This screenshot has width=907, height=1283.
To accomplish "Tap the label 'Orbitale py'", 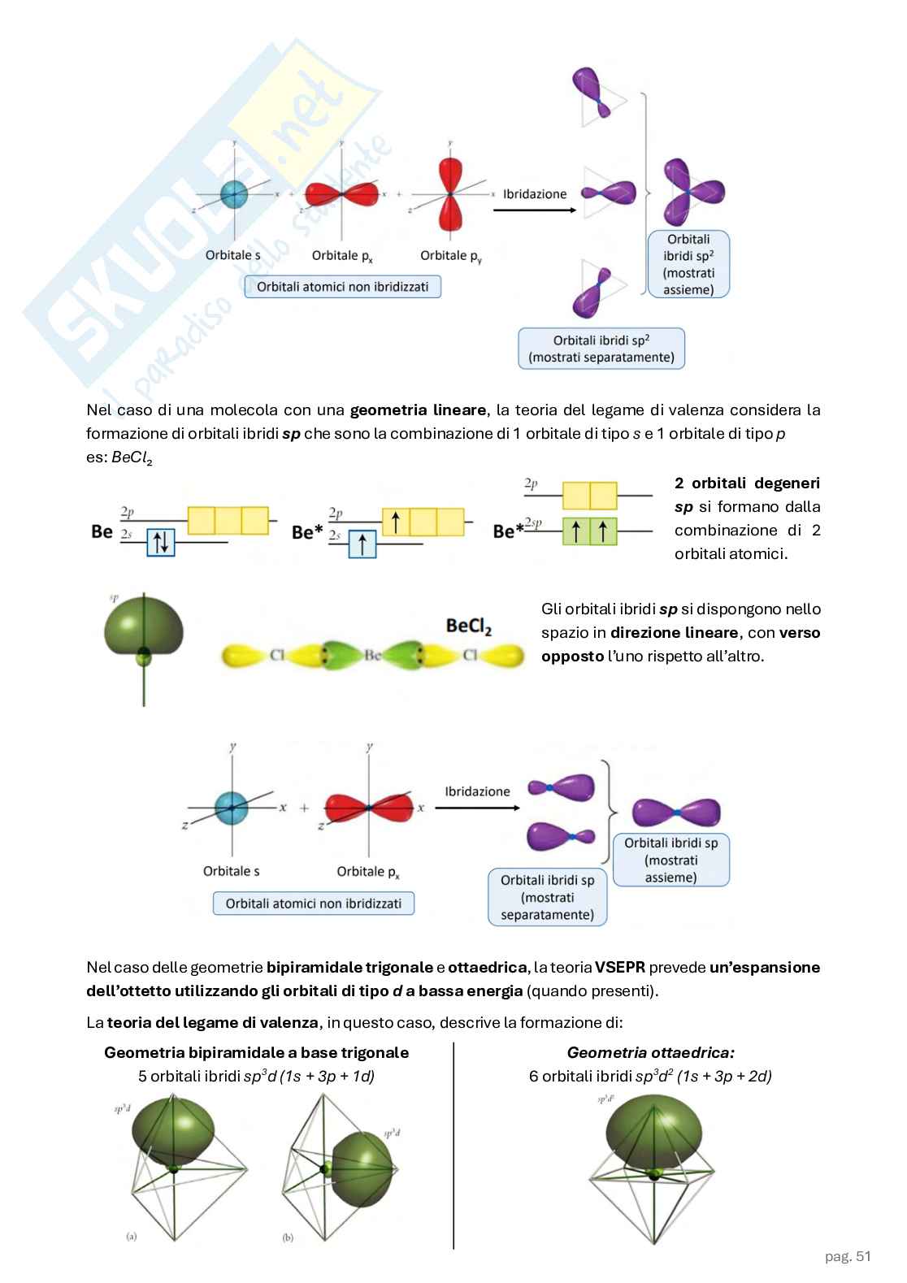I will coord(449,256).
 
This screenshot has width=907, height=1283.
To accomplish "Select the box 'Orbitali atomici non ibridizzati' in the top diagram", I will coord(342,287).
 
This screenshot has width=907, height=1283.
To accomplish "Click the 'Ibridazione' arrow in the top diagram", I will coord(534,210).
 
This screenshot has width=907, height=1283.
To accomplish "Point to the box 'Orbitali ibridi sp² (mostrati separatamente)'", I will coord(601,349).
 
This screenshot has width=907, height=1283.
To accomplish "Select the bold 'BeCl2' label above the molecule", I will coord(469,626).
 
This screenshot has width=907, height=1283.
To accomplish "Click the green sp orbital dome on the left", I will coord(145,624).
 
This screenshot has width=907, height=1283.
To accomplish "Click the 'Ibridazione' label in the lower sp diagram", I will coord(478,791).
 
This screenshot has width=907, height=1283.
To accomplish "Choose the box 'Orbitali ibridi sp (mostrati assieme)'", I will coord(670,860).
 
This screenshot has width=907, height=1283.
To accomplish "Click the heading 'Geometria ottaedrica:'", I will coord(650,1053).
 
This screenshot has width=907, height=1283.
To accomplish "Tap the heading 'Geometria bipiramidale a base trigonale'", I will coord(256,1053).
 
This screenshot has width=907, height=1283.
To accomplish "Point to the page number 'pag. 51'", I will coord(848,1256).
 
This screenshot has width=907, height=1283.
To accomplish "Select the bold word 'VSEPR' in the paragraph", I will coord(620,967).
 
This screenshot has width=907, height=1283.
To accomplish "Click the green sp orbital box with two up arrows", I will coord(589,531).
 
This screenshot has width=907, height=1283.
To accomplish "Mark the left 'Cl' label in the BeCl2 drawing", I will coord(276,655).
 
